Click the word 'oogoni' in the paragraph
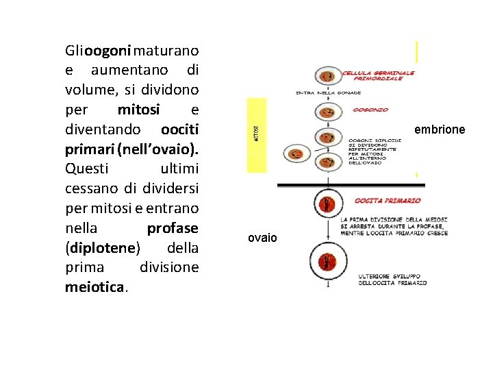click(109, 51)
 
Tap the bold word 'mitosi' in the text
click(138, 110)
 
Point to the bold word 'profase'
click(173, 227)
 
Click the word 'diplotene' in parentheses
click(102, 247)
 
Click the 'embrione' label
click(439, 129)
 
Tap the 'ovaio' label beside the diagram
click(262, 238)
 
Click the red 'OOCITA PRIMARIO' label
click(388, 201)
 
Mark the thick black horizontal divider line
click(351, 185)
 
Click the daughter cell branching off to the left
click(296, 155)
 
